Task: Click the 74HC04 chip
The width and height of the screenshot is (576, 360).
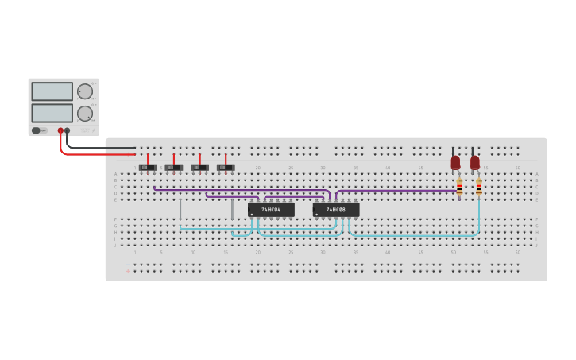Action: (x=271, y=210)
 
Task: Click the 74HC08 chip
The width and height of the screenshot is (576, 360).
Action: (x=336, y=210)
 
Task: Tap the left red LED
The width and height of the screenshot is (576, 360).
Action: (x=455, y=162)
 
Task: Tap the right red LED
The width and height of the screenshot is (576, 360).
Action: (x=475, y=162)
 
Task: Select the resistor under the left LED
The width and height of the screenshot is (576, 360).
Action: (x=459, y=188)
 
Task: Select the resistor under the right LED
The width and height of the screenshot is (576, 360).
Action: (x=479, y=188)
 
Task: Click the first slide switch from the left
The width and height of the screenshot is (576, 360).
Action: (x=148, y=168)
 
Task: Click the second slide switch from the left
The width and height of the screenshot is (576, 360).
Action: (x=174, y=168)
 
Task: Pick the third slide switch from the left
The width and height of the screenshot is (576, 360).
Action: (x=199, y=168)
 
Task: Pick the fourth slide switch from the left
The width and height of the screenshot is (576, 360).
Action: (x=226, y=168)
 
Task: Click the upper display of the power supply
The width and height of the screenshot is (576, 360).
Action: (x=52, y=91)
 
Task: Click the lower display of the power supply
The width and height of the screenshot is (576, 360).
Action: (x=52, y=113)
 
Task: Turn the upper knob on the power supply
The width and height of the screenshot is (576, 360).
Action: (x=84, y=91)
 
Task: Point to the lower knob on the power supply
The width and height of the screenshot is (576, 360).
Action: (x=84, y=113)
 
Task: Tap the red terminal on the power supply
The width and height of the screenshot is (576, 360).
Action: (x=60, y=130)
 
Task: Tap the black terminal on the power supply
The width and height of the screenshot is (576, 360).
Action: (x=68, y=130)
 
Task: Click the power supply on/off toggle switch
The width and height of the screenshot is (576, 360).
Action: (x=37, y=130)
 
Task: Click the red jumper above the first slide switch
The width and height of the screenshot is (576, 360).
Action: (x=148, y=158)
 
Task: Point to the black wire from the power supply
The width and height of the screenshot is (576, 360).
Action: (x=103, y=148)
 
